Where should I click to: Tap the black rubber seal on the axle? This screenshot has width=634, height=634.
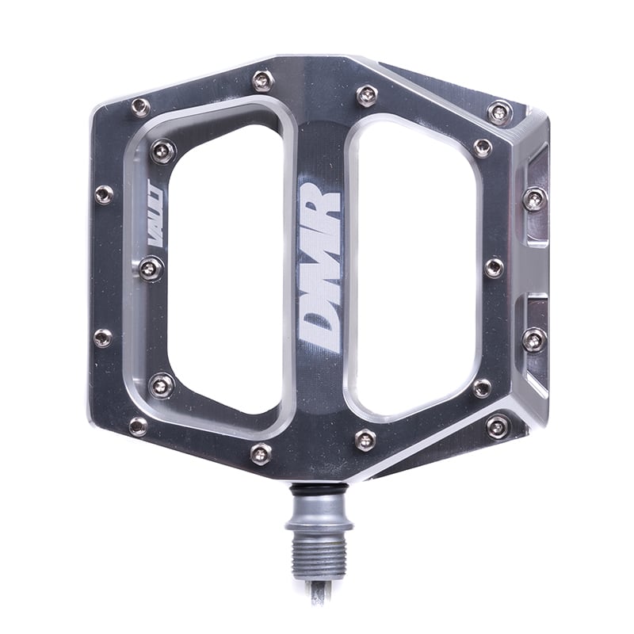coord(317,490)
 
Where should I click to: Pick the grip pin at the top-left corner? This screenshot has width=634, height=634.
coord(140,107)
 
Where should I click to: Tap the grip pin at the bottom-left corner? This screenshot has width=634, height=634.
coord(138,426)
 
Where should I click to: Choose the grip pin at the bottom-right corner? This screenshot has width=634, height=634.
coord(498,426)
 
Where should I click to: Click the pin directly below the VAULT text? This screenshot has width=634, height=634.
coord(151,268)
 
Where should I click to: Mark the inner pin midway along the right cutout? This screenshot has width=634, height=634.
coord(493,267)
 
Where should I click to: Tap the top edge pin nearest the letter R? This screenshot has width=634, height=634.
coord(367,95)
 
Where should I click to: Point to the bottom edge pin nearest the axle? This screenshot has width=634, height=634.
coord(365,440)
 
